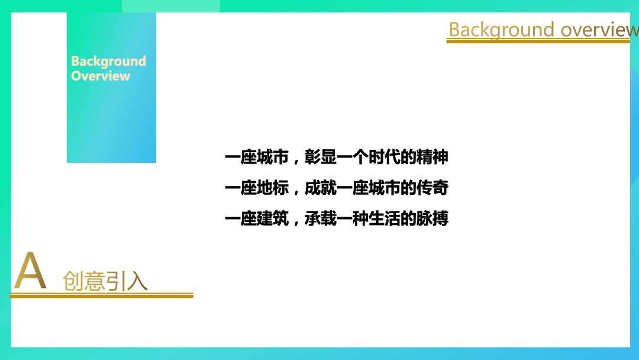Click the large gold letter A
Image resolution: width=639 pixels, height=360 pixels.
(30, 271)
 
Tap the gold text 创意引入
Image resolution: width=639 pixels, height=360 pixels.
(105, 281)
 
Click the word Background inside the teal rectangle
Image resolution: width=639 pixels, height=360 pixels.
(108, 61)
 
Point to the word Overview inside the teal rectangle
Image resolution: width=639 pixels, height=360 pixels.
(101, 76)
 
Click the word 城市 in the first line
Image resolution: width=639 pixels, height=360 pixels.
(273, 157)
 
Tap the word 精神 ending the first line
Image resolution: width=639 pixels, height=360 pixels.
(432, 157)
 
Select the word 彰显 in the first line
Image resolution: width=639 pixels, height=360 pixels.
(320, 157)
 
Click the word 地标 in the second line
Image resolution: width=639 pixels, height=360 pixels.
(273, 188)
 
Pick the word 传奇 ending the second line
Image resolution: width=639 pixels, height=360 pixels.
(432, 188)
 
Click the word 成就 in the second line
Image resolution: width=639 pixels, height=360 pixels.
(320, 188)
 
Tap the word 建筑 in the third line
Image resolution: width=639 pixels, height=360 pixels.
(273, 219)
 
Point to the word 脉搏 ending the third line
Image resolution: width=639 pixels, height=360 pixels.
(432, 219)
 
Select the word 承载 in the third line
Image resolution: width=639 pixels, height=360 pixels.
(320, 219)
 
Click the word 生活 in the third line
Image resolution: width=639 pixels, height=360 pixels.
(384, 219)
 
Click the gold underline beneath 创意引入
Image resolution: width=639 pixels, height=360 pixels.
(102, 295)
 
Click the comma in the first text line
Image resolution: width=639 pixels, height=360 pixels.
(295, 161)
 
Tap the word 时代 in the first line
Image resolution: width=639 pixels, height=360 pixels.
(384, 157)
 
